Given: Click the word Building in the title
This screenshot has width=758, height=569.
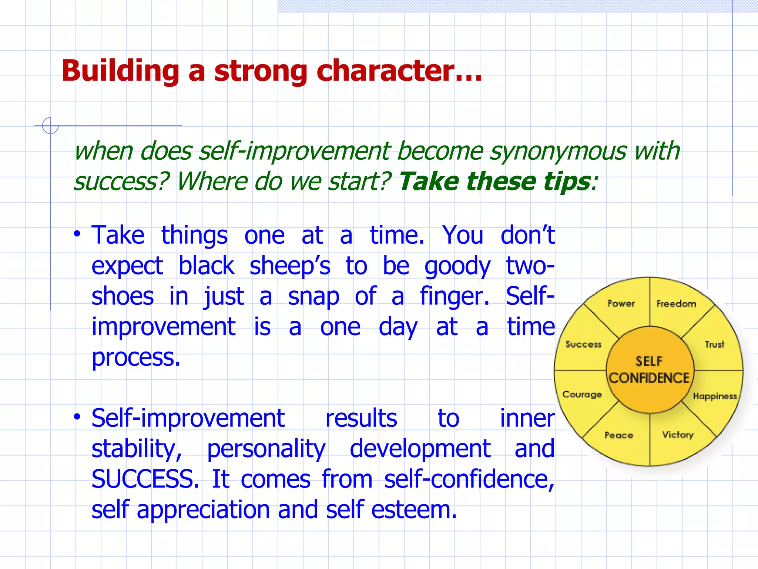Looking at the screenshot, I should pyautogui.click(x=120, y=71).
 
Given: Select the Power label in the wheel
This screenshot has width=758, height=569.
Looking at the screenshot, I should pyautogui.click(x=621, y=304).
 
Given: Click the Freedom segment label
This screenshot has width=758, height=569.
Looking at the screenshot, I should pyautogui.click(x=676, y=304).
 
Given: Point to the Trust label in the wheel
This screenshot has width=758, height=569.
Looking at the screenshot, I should pyautogui.click(x=714, y=345).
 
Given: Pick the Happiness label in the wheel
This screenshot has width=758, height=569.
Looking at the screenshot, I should pyautogui.click(x=715, y=396).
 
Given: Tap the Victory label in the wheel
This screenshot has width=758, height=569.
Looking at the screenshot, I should pyautogui.click(x=678, y=435).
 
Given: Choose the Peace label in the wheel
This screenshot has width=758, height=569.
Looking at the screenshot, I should pyautogui.click(x=618, y=435).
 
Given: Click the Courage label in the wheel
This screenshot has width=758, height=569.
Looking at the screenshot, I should pyautogui.click(x=582, y=395).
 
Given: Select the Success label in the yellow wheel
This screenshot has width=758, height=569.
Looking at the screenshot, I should pyautogui.click(x=583, y=345).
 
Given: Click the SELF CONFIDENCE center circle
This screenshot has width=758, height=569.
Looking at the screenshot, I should pyautogui.click(x=650, y=370).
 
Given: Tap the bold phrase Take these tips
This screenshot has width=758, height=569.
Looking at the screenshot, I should pyautogui.click(x=494, y=182).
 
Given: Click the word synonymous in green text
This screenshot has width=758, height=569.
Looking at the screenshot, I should pyautogui.click(x=558, y=151).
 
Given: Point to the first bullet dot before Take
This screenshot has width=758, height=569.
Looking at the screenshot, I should pyautogui.click(x=77, y=234).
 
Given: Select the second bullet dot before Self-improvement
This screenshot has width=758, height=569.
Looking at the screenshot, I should pyautogui.click(x=77, y=417).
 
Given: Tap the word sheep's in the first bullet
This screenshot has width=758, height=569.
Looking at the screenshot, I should pyautogui.click(x=289, y=266).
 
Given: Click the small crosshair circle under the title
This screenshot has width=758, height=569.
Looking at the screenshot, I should pyautogui.click(x=50, y=126).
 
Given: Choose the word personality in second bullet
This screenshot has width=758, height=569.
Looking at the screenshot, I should pyautogui.click(x=266, y=449).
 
